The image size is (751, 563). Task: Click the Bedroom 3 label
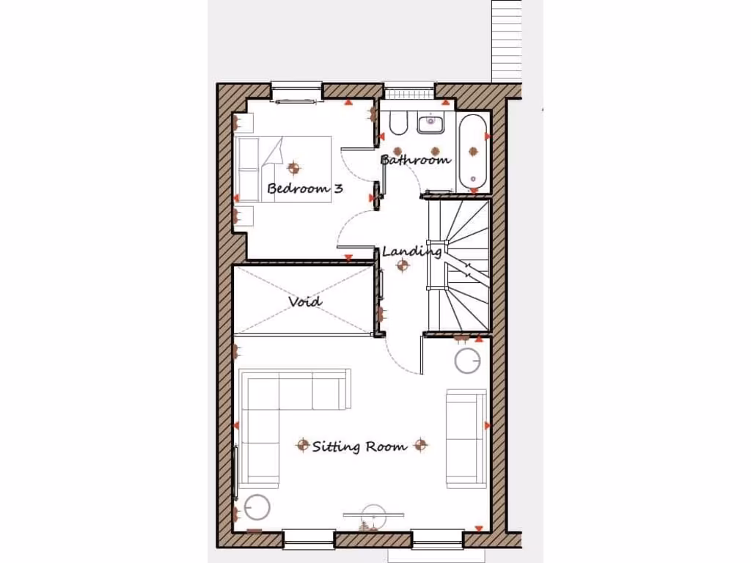point(305,188)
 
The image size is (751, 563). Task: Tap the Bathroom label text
point(414,159)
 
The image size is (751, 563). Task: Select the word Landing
point(411,251)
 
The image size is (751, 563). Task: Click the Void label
point(304,301)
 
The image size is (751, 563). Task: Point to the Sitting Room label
point(359,446)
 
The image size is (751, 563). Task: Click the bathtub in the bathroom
point(473,152)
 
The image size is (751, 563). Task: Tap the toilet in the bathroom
point(398,124)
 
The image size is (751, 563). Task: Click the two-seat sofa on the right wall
point(466,438)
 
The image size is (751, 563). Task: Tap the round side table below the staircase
point(468,361)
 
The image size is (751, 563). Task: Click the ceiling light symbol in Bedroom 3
point(293,168)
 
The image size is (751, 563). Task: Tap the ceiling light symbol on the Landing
point(402,265)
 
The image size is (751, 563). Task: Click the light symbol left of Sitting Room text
point(302,445)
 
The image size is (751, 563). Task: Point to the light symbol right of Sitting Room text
point(420,444)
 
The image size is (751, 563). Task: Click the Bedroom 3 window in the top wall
point(296,90)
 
